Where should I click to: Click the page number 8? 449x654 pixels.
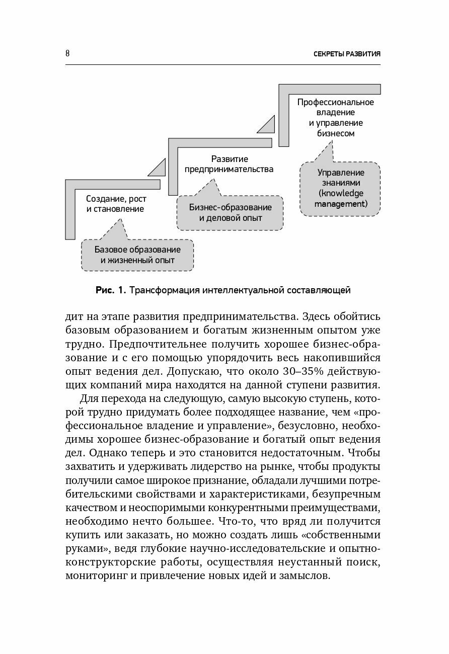(68, 53)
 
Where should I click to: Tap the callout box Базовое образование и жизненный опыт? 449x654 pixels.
(137, 255)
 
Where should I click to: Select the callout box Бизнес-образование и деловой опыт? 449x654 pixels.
(230, 212)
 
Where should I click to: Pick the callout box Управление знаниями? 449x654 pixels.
(340, 189)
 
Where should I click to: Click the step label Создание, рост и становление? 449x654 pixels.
(115, 203)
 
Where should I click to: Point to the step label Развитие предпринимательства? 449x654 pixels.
(229, 163)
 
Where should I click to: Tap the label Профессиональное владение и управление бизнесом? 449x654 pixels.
(335, 118)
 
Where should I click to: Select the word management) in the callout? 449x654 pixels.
(341, 204)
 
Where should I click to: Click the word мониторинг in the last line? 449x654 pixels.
(94, 576)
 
